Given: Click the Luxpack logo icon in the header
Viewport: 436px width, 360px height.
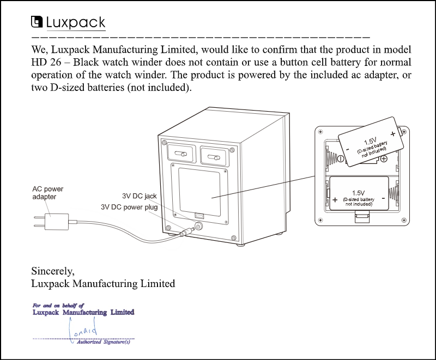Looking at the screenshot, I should click(x=37, y=22).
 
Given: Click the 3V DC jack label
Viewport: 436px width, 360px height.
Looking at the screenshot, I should click(x=139, y=196).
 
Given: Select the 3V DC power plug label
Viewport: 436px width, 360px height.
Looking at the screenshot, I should click(x=129, y=207).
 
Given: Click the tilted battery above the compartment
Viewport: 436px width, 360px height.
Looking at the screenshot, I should click(x=371, y=141).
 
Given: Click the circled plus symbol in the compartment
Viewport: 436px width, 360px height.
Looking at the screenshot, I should click(x=384, y=158).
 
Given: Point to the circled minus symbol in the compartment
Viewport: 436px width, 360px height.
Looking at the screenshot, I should click(x=340, y=159).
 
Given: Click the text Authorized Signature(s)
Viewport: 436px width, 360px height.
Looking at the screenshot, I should click(x=104, y=342).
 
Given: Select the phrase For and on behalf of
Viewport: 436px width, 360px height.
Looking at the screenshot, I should click(x=58, y=306).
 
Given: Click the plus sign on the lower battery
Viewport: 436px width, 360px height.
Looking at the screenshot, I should click(x=335, y=199).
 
